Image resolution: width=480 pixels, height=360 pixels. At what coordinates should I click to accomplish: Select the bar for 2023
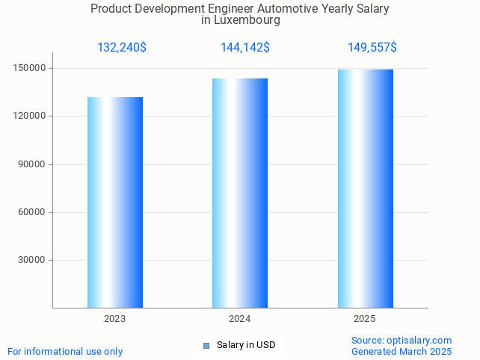tap(115, 202)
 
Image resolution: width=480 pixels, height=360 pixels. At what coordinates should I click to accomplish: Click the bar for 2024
tap(240, 193)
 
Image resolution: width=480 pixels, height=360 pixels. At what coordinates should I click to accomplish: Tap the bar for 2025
tap(365, 188)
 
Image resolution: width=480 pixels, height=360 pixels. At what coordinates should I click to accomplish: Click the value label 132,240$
tap(122, 48)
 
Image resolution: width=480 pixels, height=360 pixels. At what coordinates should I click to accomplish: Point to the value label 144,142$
tap(245, 48)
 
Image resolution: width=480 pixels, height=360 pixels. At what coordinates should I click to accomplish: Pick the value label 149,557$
tap(372, 48)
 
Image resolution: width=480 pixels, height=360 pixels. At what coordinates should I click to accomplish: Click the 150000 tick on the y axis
tap(31, 69)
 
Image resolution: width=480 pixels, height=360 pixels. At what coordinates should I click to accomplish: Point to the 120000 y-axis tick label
tap(31, 117)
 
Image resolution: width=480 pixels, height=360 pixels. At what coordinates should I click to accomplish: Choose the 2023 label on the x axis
tap(114, 319)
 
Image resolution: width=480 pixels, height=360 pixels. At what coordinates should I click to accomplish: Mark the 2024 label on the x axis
tap(239, 319)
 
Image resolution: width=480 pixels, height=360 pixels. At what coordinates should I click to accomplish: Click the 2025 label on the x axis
tap(364, 319)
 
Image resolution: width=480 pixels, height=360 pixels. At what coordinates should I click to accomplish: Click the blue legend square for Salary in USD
tap(206, 345)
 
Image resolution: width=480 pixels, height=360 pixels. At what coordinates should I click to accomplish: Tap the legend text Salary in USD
tap(246, 345)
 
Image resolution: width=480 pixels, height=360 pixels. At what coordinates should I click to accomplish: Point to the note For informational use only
tap(65, 352)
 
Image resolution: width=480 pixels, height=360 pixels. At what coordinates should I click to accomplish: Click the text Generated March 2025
tap(401, 352)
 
